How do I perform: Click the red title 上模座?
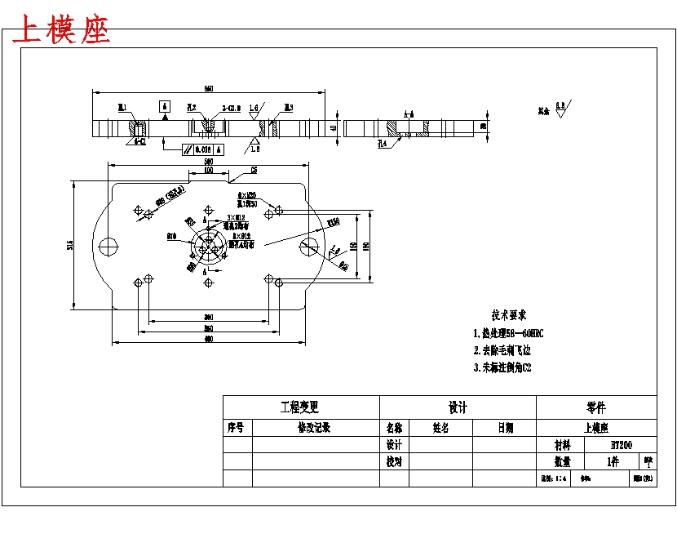(62, 31)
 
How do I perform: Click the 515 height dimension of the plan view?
(71, 244)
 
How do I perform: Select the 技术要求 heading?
(508, 315)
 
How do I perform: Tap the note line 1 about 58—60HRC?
(508, 333)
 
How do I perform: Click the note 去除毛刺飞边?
(502, 350)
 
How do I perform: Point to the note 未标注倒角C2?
(502, 367)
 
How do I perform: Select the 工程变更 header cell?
(300, 407)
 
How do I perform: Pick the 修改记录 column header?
(314, 428)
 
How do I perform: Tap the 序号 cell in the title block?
(237, 428)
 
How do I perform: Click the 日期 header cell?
(505, 428)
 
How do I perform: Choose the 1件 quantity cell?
(613, 461)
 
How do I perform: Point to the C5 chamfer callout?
(254, 170)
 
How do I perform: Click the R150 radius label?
(333, 222)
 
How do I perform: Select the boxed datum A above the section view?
(164, 106)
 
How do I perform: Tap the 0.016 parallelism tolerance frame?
(203, 149)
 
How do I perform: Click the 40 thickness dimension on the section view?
(334, 128)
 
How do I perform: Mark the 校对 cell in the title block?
(394, 461)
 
